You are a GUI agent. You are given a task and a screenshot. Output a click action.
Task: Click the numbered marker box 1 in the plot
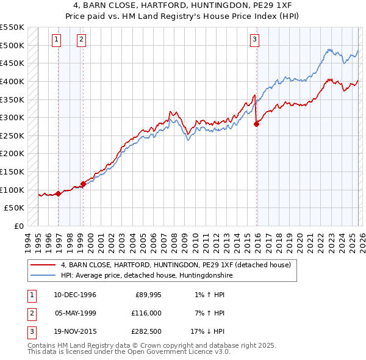[56, 40]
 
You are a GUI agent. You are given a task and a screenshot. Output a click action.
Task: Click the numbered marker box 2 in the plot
[81, 40]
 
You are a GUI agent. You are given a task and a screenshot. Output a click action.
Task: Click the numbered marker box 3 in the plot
[254, 40]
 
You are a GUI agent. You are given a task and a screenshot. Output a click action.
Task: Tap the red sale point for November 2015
[256, 124]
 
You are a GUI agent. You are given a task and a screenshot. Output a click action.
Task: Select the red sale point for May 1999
[83, 184]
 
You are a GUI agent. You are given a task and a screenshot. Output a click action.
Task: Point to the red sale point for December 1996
[59, 193]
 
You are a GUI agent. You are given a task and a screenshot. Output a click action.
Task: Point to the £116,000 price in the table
[145, 313]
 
